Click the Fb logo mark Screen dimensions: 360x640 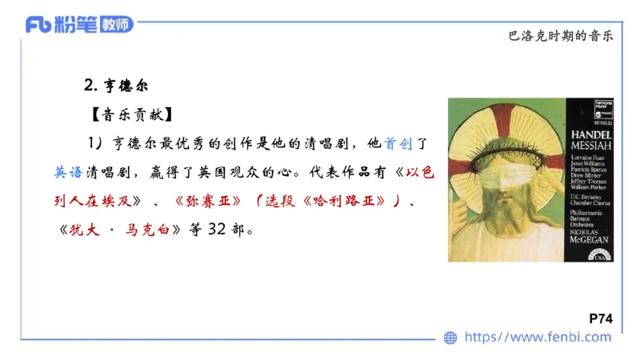[x=39, y=24]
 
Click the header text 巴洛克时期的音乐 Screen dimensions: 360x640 [x=565, y=36]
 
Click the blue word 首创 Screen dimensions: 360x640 [x=396, y=145]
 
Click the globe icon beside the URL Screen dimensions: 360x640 [x=450, y=338]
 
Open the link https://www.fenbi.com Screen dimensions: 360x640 [x=538, y=338]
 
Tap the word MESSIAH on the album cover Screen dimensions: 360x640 [x=592, y=147]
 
